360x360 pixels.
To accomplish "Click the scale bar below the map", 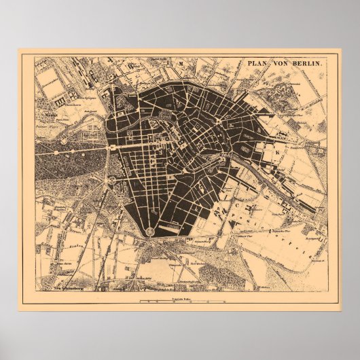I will tap(180, 300).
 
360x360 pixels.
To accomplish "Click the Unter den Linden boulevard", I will tap(132, 145).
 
